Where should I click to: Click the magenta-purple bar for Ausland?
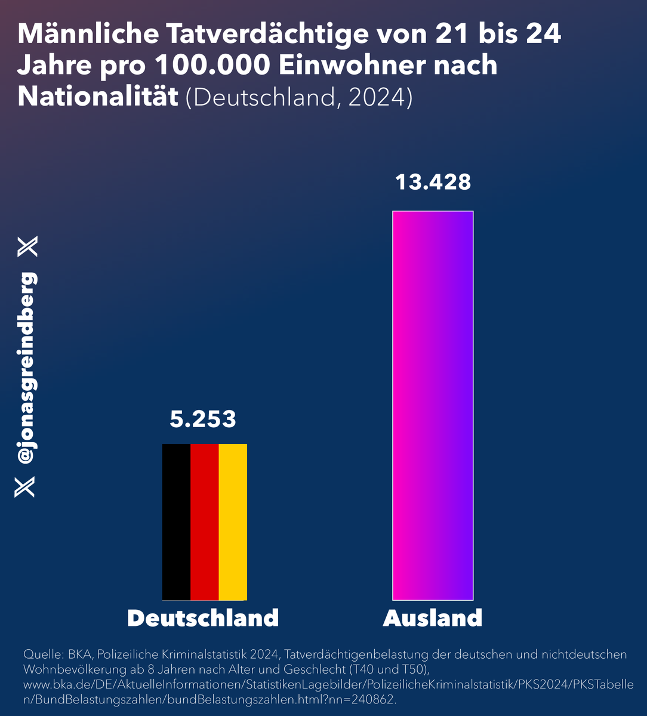coord(433,405)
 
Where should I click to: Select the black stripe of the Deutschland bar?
coord(176,521)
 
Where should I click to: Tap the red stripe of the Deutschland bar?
coord(205,521)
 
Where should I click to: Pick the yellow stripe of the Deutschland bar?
coord(233,521)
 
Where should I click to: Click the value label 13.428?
coord(433,182)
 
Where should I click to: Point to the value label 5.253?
coord(203,419)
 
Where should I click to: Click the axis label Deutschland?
coord(203,618)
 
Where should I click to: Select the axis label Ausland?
coord(433,618)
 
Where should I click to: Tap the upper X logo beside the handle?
coord(27,246)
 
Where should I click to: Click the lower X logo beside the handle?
coord(25,486)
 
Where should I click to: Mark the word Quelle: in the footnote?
coord(41,655)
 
